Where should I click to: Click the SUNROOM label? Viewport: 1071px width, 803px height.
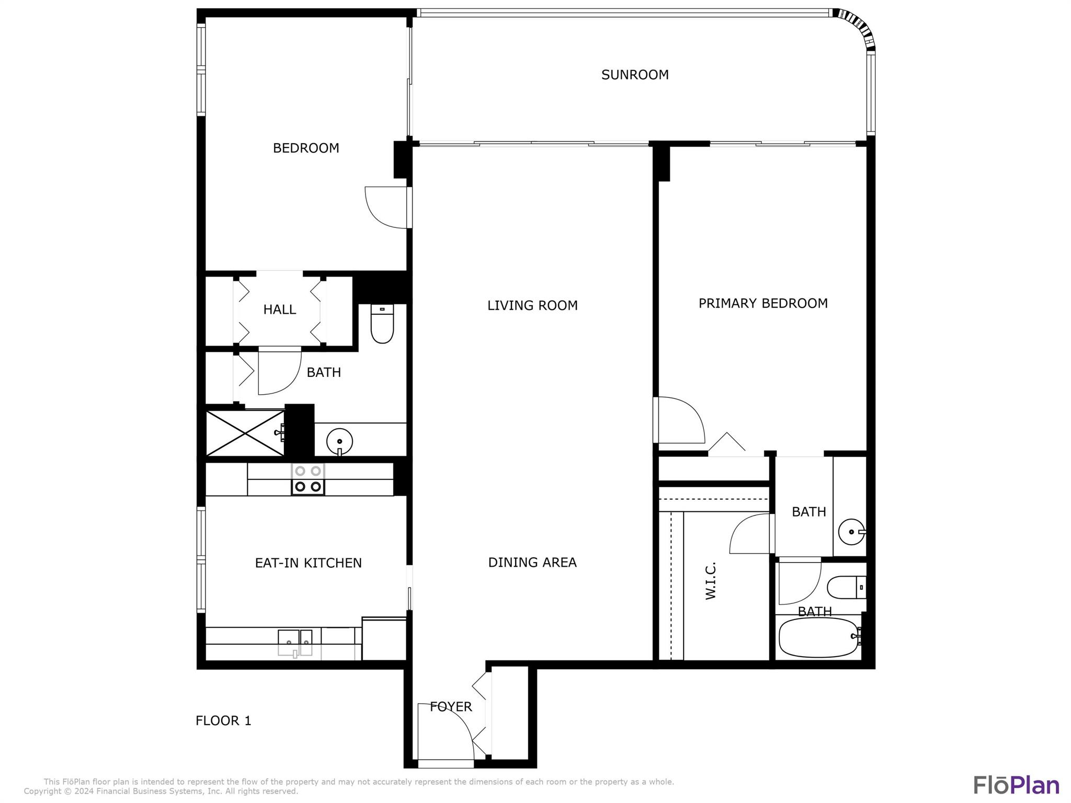click(634, 75)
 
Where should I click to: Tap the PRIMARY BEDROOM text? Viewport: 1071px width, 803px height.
click(762, 303)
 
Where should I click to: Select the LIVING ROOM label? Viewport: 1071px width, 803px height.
click(532, 305)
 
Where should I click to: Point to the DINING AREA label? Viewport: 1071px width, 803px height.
click(532, 563)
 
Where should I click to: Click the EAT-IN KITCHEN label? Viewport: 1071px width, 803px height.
click(308, 563)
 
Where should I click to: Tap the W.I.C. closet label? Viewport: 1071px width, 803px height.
click(710, 581)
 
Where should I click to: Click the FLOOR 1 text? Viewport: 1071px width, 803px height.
click(223, 721)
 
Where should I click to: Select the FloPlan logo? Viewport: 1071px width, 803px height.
click(1016, 785)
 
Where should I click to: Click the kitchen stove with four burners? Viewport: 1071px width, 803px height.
click(308, 479)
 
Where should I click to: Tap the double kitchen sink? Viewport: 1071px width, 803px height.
click(295, 643)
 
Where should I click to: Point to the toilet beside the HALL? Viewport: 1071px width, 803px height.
click(382, 324)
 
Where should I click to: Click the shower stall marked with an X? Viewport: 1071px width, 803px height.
click(245, 433)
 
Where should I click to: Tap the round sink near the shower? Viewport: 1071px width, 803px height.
click(339, 442)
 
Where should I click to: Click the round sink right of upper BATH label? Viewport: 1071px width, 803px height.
click(851, 532)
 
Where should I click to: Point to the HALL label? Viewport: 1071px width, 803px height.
click(279, 309)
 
